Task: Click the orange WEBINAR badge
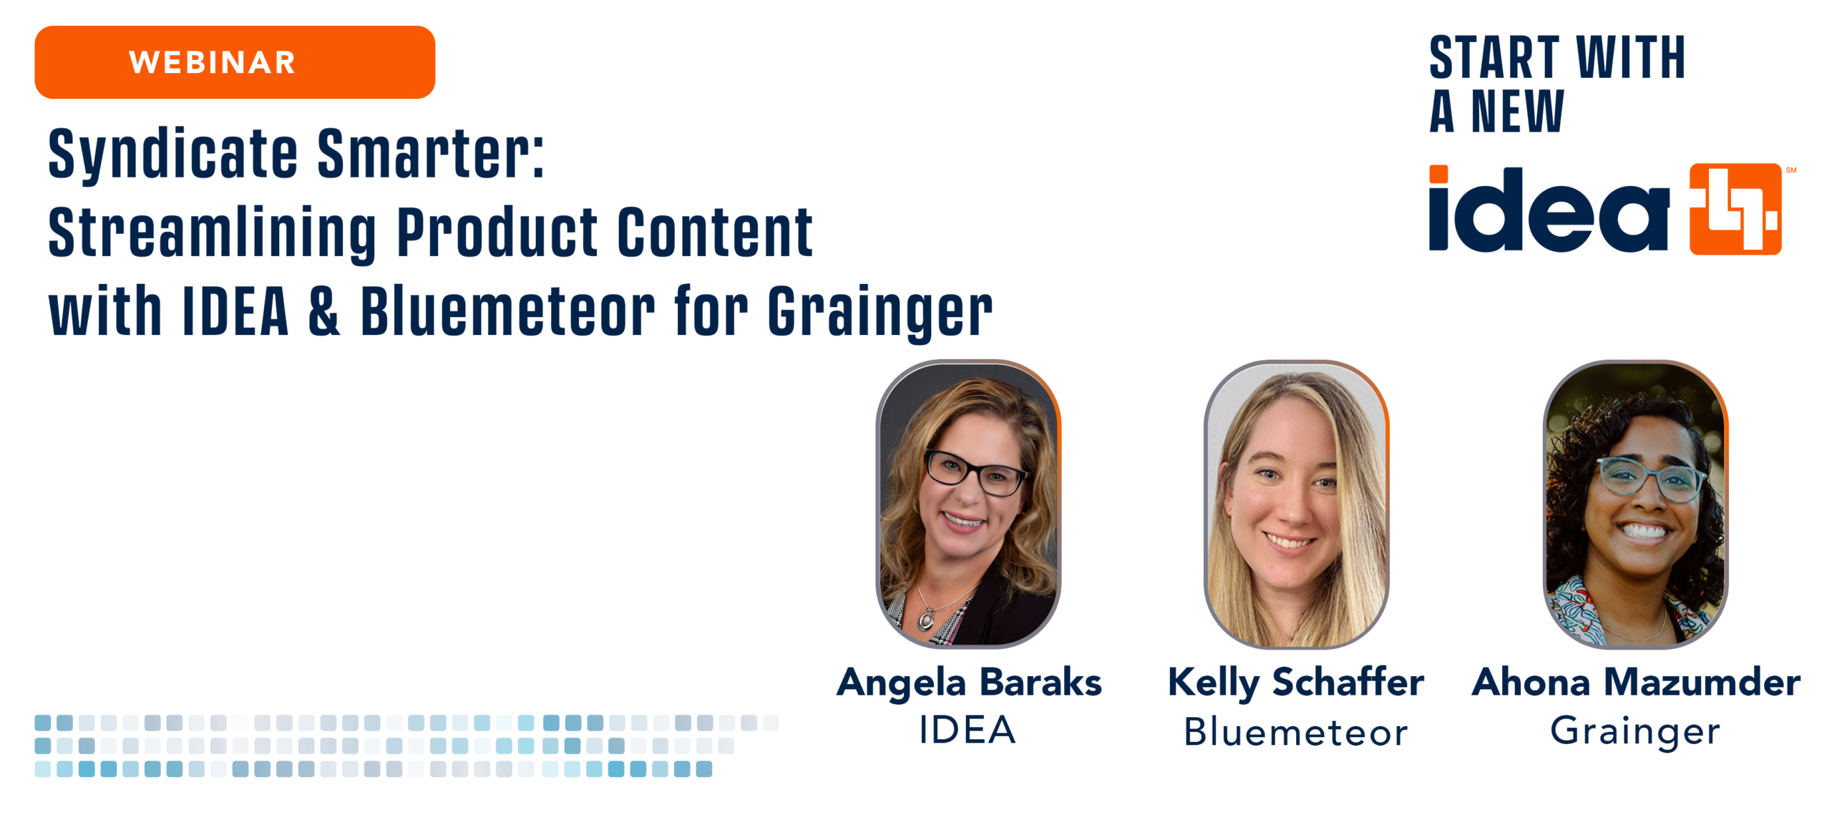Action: pos(235,62)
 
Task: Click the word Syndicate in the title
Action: pos(172,154)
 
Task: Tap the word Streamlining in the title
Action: pos(213,233)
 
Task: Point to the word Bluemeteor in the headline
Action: pos(507,311)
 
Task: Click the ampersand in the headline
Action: pos(324,311)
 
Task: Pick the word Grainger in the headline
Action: pos(880,313)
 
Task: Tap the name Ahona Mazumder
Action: pos(1636,682)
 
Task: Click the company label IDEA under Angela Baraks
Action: pos(968,730)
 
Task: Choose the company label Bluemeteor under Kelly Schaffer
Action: pos(1296,731)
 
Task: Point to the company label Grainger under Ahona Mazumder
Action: pos(1635,732)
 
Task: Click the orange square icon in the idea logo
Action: pos(1735,209)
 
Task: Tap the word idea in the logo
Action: pos(1549,208)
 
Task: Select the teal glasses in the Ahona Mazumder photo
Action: pos(1649,479)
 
